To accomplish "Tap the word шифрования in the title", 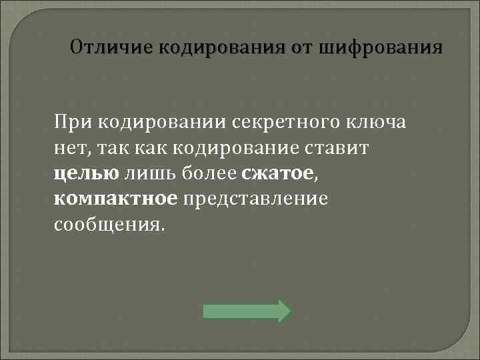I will [381, 48].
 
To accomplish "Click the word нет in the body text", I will [69, 147].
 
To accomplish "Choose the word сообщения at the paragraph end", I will [107, 223].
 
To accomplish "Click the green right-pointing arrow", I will [247, 311].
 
